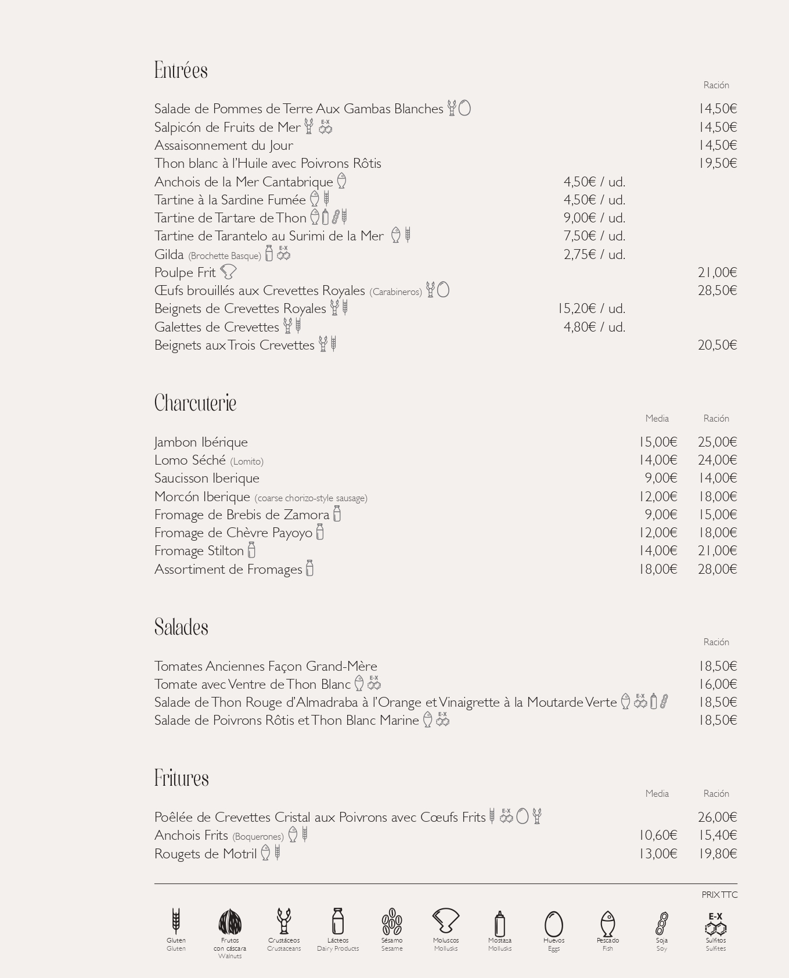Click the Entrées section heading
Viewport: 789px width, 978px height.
tap(181, 70)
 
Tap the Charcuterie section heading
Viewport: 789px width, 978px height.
tap(195, 403)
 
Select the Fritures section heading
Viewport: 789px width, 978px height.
tap(181, 778)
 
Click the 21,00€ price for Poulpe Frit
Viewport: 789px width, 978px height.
tap(717, 272)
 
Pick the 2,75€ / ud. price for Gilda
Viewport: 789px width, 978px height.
tap(594, 254)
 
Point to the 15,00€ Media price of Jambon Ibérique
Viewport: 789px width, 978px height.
tap(658, 442)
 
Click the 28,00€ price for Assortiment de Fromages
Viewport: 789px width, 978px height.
tap(717, 569)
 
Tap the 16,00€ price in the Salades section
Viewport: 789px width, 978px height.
tap(717, 684)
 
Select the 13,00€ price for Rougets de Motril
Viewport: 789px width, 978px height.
tap(658, 854)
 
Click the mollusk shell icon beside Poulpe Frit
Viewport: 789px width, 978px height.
tap(228, 272)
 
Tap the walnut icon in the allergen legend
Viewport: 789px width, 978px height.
tap(230, 922)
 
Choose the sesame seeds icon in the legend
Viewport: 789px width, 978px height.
tap(392, 922)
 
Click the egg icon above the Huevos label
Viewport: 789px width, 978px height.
tap(554, 923)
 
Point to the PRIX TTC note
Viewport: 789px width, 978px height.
tap(719, 895)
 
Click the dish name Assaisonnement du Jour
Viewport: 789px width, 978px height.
tap(224, 145)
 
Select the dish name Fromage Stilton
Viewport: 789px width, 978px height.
tap(199, 551)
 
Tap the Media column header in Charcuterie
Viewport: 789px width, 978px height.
tap(657, 418)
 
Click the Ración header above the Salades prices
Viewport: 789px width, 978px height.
tap(716, 642)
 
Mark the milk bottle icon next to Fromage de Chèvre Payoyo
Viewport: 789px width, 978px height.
tap(320, 532)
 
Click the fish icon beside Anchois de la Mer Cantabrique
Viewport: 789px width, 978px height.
tap(342, 181)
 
